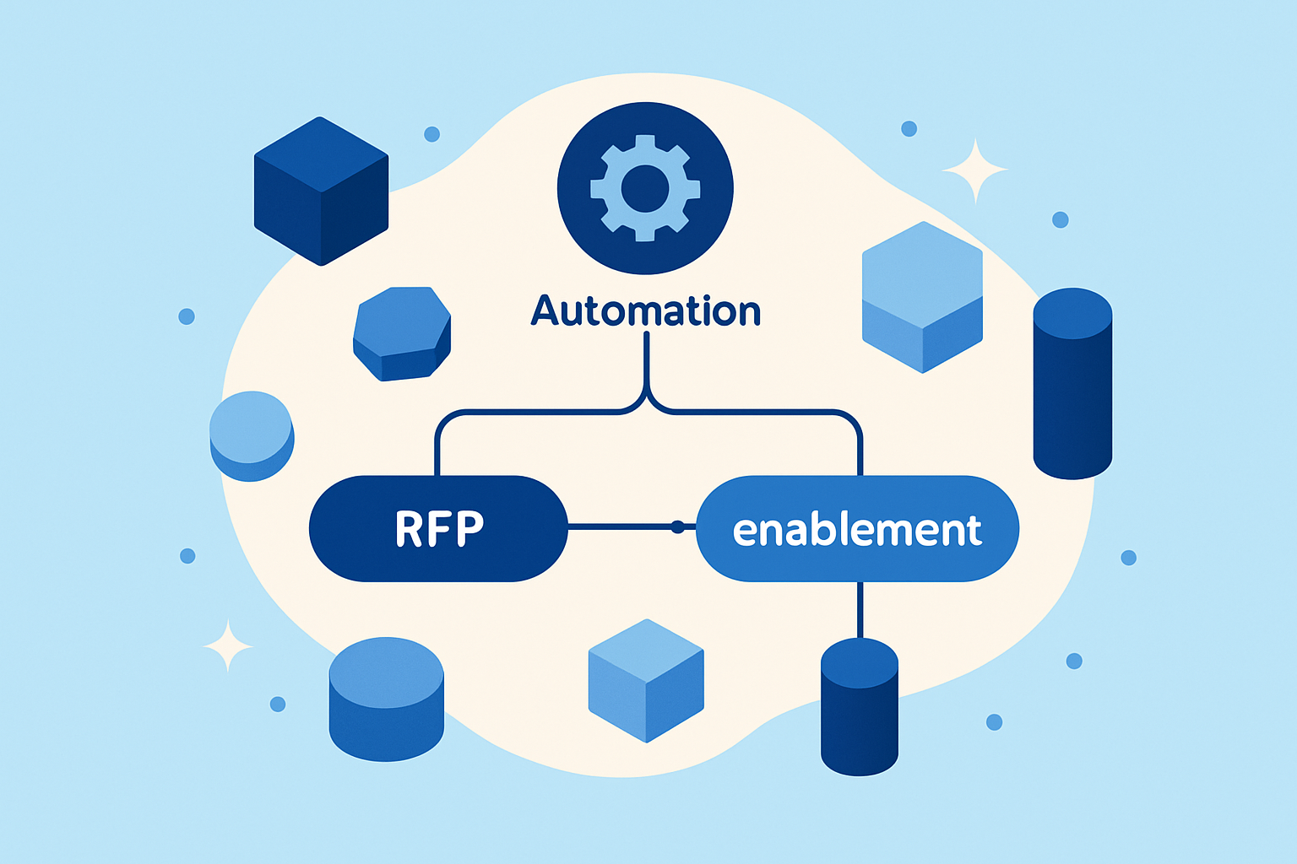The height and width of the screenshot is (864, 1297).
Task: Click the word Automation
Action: tap(646, 311)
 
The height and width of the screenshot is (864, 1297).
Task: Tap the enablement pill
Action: tap(857, 529)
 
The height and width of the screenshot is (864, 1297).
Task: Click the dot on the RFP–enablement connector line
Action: tap(676, 527)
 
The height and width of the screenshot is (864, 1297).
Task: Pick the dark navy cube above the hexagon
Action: tap(321, 192)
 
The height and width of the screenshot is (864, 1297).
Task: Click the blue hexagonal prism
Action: tap(401, 333)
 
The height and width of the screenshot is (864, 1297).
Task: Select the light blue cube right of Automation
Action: tap(922, 297)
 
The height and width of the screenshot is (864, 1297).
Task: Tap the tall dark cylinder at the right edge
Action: tap(1072, 384)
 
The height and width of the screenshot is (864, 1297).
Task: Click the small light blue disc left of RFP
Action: tap(251, 435)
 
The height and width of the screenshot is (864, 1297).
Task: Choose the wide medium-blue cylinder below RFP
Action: tap(386, 699)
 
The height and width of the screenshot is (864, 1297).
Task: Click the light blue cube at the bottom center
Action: tap(646, 680)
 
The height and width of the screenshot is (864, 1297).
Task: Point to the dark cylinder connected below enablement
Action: tap(859, 707)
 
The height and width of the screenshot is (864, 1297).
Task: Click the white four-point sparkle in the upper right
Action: tap(974, 171)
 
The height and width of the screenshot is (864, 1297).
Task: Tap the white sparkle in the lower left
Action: tap(228, 645)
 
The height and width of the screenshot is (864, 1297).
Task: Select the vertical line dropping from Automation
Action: tap(646, 359)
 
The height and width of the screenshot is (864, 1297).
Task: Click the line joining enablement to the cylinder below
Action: tap(860, 609)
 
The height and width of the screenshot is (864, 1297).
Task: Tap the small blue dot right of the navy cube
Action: tap(431, 133)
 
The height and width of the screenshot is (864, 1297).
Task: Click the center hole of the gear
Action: tap(645, 188)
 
